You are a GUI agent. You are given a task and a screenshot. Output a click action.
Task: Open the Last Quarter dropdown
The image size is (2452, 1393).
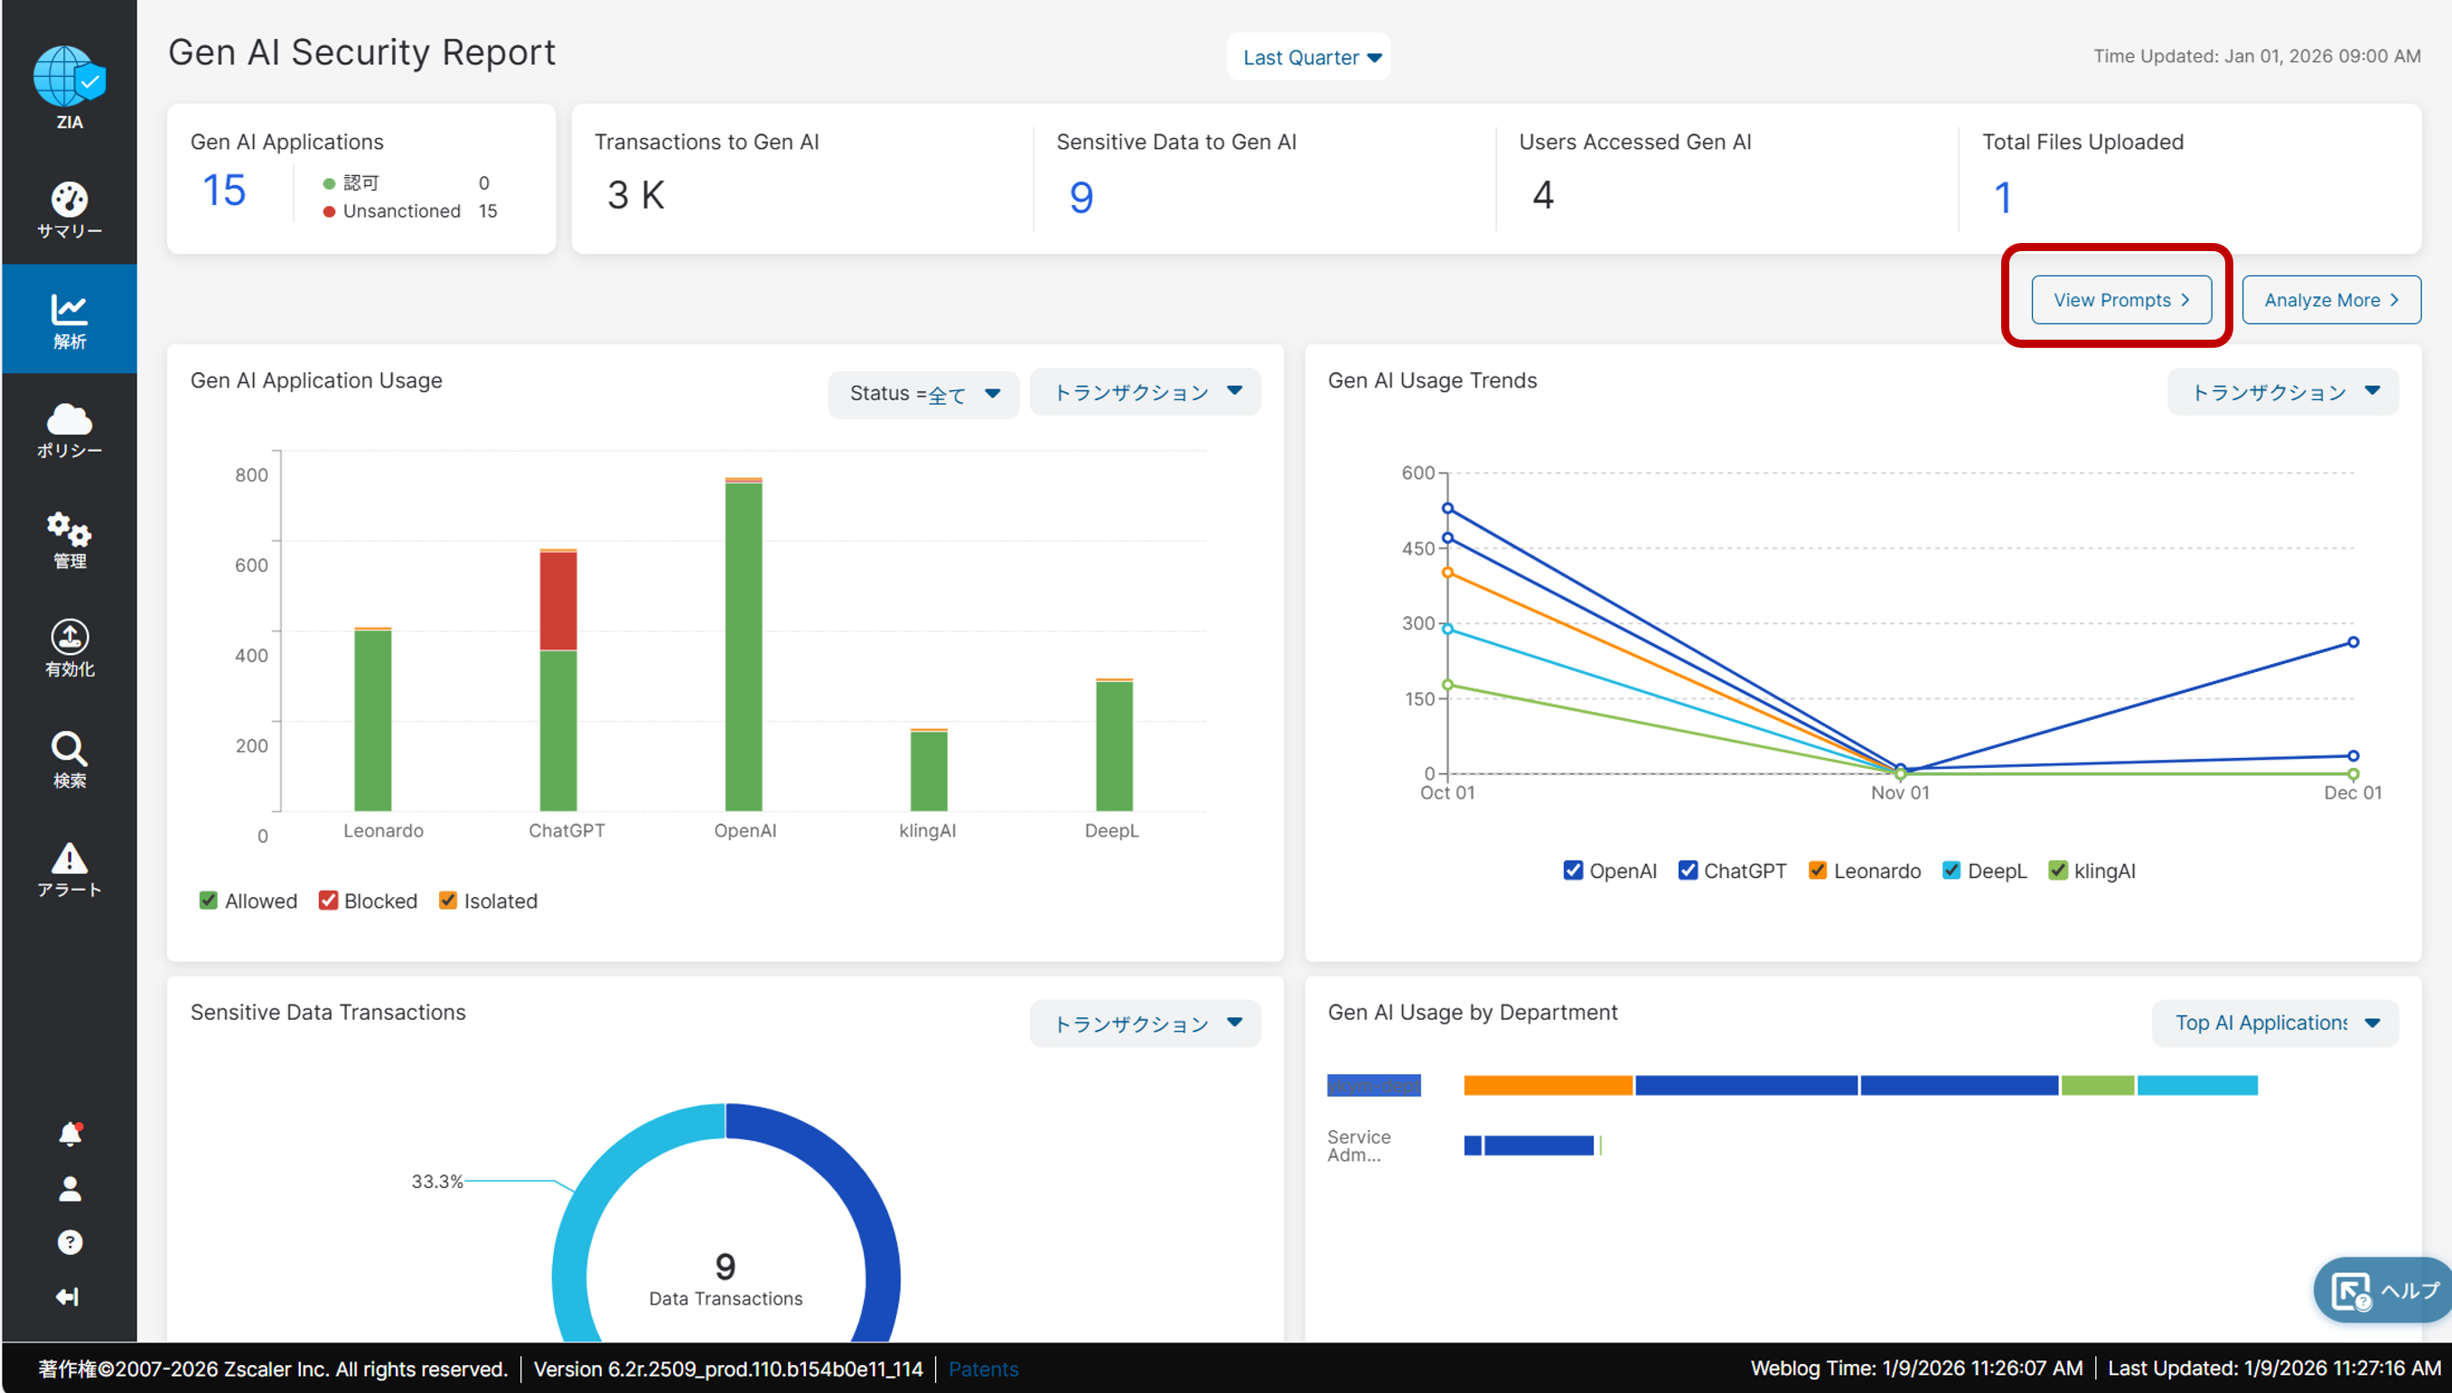click(x=1309, y=58)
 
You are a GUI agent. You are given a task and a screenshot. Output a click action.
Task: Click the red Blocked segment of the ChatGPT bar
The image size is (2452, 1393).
click(x=558, y=601)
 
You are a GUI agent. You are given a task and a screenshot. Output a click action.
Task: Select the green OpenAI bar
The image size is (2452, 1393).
click(x=744, y=646)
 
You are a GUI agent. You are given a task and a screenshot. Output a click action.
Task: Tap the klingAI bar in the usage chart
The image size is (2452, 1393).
click(x=928, y=771)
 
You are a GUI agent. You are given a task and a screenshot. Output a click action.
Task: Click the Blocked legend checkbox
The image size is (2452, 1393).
click(x=328, y=902)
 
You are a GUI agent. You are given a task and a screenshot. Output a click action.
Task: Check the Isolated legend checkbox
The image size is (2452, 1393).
click(x=448, y=902)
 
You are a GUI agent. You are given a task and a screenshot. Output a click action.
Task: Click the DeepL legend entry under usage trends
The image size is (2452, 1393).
click(x=1985, y=871)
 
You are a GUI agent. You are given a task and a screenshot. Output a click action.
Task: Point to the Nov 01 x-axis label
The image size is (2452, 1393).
click(x=1900, y=793)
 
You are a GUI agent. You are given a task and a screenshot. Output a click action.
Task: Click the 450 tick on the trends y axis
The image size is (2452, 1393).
click(x=1418, y=548)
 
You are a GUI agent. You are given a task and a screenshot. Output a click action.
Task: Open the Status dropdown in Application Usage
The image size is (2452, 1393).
click(x=923, y=393)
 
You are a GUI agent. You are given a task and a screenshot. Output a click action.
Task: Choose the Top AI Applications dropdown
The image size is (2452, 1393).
click(x=2275, y=1023)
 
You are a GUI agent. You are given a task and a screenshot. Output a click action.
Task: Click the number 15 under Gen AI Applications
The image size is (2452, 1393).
click(x=225, y=191)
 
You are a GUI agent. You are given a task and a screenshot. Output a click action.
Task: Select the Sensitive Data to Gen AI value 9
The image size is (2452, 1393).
click(x=1081, y=197)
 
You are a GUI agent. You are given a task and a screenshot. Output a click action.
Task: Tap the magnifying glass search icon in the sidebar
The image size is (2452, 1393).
click(x=69, y=749)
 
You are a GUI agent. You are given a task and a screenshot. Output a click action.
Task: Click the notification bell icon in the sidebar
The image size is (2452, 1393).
click(x=70, y=1134)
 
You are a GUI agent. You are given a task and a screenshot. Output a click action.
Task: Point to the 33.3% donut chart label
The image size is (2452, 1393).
click(x=436, y=1182)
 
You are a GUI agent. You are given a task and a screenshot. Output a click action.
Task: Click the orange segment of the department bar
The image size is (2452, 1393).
click(x=1547, y=1085)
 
